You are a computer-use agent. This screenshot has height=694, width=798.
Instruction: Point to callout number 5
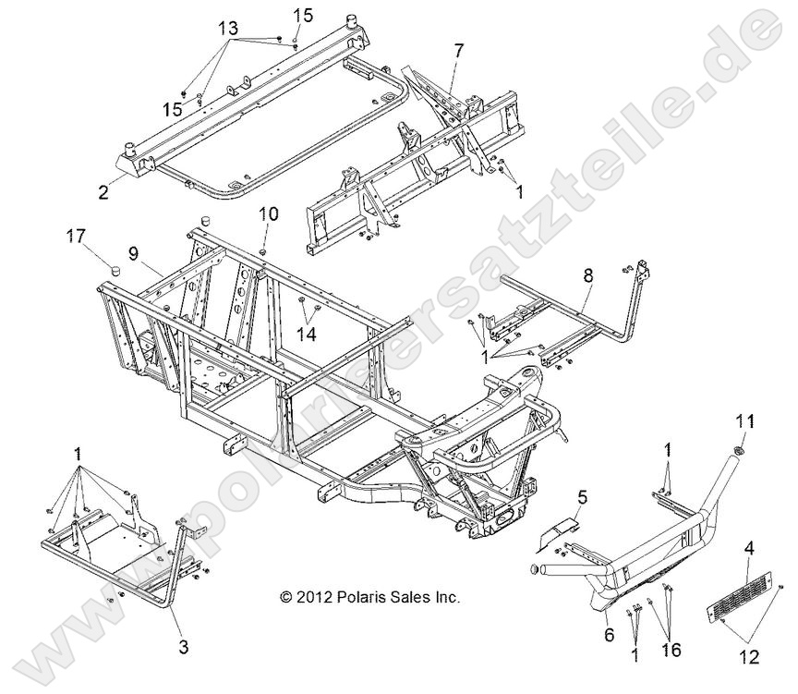coord(583,496)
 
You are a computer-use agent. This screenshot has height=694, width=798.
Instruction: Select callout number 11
coord(745,421)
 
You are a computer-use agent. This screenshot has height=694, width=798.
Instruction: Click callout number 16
coord(671,651)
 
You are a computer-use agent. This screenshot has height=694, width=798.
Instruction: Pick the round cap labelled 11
coord(740,451)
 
